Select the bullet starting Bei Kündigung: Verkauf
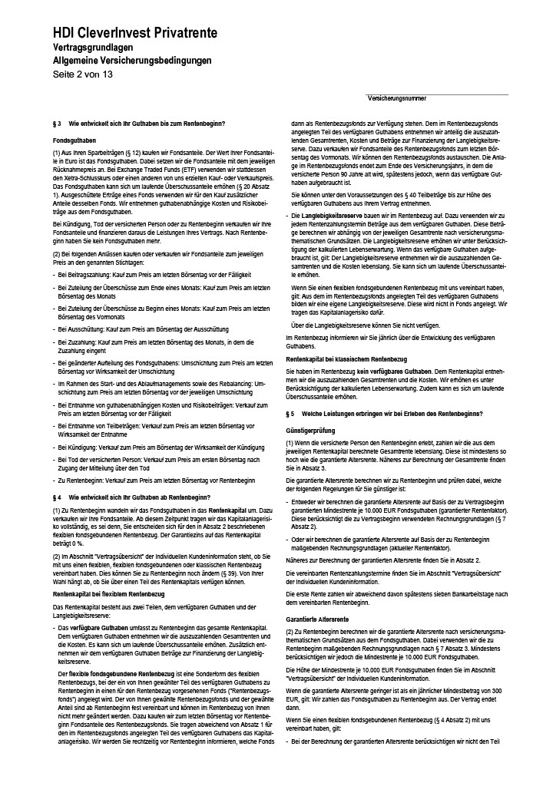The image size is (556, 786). [x=157, y=445]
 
